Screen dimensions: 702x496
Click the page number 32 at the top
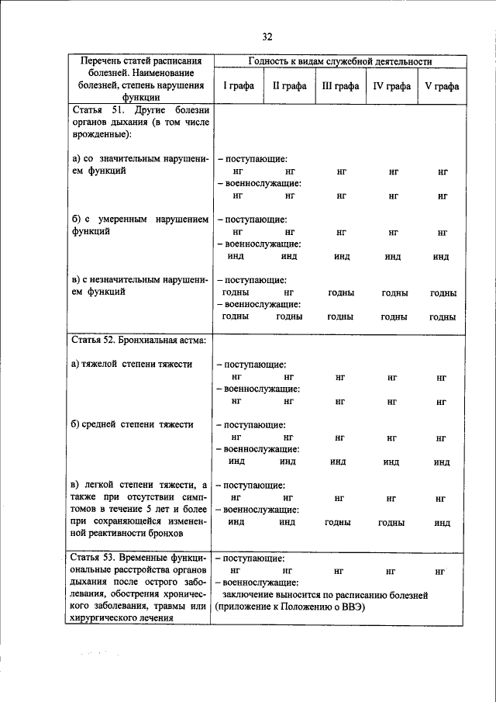click(x=267, y=36)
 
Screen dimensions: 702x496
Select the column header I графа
click(x=239, y=86)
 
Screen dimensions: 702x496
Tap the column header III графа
click(x=340, y=86)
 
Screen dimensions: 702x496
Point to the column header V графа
click(x=442, y=86)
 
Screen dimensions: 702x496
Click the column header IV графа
click(x=392, y=86)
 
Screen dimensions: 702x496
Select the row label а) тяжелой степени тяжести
click(x=132, y=364)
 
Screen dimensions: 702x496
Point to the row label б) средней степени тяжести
click(x=131, y=424)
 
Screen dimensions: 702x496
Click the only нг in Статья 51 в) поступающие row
click(x=289, y=293)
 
